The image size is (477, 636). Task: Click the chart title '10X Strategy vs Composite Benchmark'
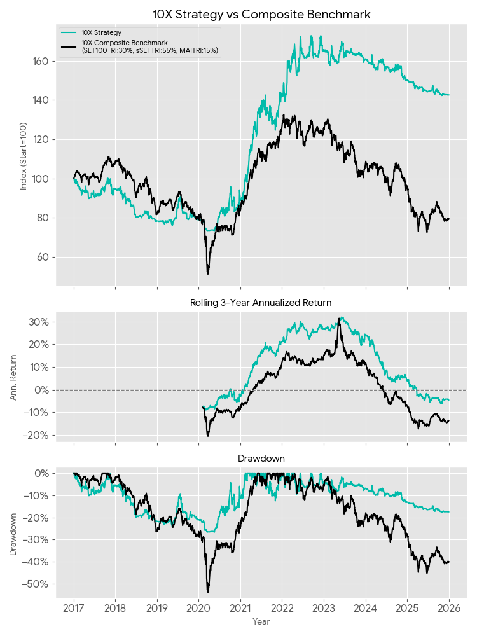[x=261, y=14]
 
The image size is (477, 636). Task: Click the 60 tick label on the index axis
[x=45, y=257]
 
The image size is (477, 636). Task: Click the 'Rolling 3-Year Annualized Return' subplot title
[x=261, y=303]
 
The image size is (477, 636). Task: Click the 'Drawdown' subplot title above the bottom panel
[x=261, y=458]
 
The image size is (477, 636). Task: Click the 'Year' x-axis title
[x=261, y=621]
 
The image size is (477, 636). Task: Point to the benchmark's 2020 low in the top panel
[x=208, y=273]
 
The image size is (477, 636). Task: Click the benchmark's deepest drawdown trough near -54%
[x=208, y=591]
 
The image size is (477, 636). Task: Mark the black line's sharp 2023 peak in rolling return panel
[x=339, y=317]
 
